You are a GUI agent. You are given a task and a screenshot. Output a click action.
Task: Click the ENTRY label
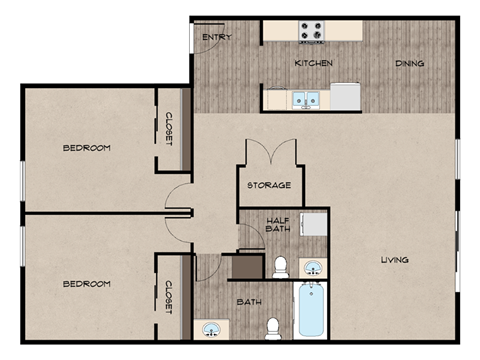click(217, 38)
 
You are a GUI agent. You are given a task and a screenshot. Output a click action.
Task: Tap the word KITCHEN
click(313, 63)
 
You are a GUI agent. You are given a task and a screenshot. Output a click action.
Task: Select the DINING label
click(409, 63)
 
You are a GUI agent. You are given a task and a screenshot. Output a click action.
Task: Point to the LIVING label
click(394, 261)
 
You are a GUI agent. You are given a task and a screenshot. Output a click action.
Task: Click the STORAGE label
click(270, 185)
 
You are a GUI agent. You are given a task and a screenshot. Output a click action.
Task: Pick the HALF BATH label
click(278, 225)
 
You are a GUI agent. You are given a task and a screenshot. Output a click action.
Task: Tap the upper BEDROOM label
click(86, 148)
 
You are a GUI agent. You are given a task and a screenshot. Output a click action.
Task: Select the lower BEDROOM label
click(86, 284)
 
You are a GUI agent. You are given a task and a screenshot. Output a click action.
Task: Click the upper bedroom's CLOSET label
click(169, 129)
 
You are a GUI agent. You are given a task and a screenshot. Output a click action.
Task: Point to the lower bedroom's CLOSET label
click(169, 297)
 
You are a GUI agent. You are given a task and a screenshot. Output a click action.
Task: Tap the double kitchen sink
click(304, 99)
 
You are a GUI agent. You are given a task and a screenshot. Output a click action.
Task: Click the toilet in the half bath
click(281, 266)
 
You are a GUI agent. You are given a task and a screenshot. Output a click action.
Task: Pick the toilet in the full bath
click(273, 327)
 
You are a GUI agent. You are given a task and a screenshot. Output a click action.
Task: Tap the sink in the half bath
click(313, 266)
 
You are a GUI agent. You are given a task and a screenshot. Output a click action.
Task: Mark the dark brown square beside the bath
click(242, 267)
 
